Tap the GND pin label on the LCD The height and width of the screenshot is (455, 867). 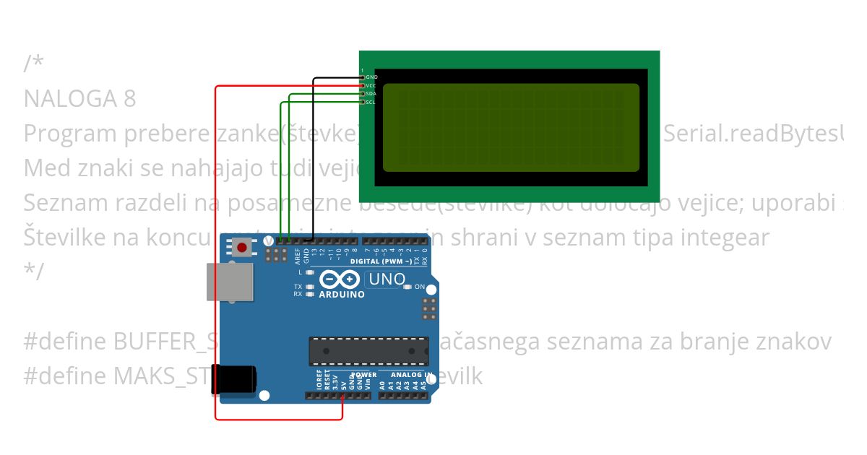(x=371, y=77)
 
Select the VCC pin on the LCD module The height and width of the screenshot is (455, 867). (x=363, y=85)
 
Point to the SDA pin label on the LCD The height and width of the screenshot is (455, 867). (x=371, y=94)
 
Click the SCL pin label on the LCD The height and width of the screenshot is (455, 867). (x=371, y=103)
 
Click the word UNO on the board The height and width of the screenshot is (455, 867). (x=387, y=279)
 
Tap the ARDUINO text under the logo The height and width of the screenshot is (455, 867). (x=342, y=295)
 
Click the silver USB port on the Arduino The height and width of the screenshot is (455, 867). (x=230, y=282)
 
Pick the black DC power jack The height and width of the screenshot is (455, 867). (x=233, y=380)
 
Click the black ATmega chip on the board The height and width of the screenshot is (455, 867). (x=367, y=351)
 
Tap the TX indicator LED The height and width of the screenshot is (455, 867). (x=310, y=287)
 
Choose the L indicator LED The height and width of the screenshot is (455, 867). (x=310, y=272)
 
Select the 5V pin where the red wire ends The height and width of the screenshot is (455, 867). (x=342, y=396)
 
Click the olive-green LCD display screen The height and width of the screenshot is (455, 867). (x=511, y=127)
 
